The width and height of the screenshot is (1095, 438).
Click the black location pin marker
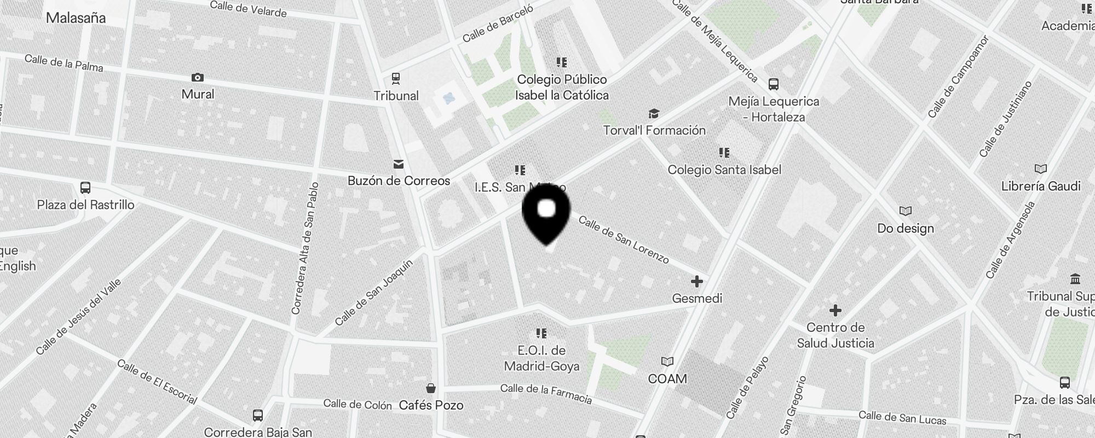pos(546,215)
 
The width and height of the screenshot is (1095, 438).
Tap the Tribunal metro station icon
pos(396,79)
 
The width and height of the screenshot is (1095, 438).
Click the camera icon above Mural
pos(198,78)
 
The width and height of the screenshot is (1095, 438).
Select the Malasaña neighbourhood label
pos(76,18)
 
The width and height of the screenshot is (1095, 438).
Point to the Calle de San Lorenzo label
pos(624,239)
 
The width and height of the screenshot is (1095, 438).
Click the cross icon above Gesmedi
pos(696,281)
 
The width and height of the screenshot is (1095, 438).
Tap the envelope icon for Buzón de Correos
pos(399,164)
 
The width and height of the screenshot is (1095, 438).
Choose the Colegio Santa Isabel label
pos(724,170)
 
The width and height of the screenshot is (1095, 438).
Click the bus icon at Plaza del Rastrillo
pos(85,188)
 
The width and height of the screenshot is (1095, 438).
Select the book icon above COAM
pos(667,361)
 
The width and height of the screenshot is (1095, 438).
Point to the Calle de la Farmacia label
pos(546,394)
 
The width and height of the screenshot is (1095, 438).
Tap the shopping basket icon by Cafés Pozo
pos(431,388)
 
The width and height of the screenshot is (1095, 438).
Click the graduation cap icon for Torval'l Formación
pos(654,113)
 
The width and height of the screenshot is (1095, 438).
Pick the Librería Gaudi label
pos(1040,186)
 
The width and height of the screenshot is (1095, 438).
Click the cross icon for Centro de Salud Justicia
pos(835,311)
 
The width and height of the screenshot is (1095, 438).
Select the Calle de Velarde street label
pos(248,9)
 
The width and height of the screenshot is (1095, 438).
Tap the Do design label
pos(905,228)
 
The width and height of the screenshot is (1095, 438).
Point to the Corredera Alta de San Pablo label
pos(305,248)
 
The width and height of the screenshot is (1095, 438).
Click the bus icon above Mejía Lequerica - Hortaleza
pos(773,84)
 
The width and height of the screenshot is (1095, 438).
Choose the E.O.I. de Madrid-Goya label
pos(541,358)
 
